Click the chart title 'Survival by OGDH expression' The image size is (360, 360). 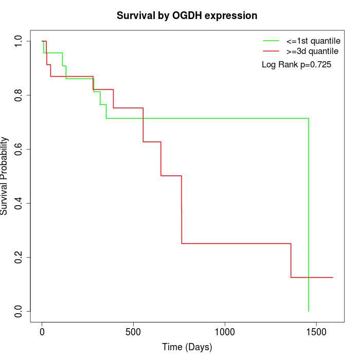point(187,16)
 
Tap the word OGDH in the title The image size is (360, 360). point(187,15)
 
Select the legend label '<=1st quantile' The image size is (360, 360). point(313,41)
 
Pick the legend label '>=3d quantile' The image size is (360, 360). point(312,51)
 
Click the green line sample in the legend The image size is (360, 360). point(271,41)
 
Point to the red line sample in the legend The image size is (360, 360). point(271,51)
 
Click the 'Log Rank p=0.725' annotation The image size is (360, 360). point(296,64)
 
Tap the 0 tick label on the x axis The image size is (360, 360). point(42,332)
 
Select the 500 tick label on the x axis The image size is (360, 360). point(133,332)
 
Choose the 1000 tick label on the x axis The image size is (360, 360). point(225,332)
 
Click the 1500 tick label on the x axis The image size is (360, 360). point(316,332)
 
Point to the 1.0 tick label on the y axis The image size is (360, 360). point(18,41)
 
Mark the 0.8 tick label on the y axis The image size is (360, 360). point(18,95)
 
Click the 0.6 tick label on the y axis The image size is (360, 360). point(18,149)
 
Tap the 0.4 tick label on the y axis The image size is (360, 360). point(18,204)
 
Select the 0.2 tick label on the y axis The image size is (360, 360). point(18,257)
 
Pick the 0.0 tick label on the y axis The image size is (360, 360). point(18,311)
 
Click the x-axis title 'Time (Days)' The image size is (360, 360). point(187,347)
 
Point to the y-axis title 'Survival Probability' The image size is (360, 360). point(4,176)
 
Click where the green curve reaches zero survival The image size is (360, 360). point(309,311)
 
